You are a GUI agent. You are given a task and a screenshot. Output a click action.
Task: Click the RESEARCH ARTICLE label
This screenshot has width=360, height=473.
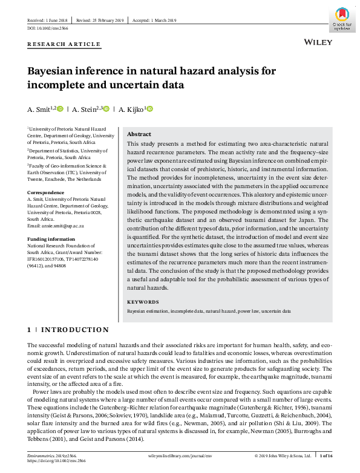(64, 44)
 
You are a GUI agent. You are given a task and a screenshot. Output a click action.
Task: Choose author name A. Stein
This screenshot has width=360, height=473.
(85, 109)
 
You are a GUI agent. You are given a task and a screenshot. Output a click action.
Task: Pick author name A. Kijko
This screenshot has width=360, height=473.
(131, 109)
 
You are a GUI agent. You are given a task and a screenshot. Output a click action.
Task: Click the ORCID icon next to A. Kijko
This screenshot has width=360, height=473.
(149, 109)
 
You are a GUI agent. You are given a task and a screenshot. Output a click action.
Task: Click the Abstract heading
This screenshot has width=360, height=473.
(139, 134)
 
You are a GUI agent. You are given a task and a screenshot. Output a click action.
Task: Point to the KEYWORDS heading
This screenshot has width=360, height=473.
(143, 302)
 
